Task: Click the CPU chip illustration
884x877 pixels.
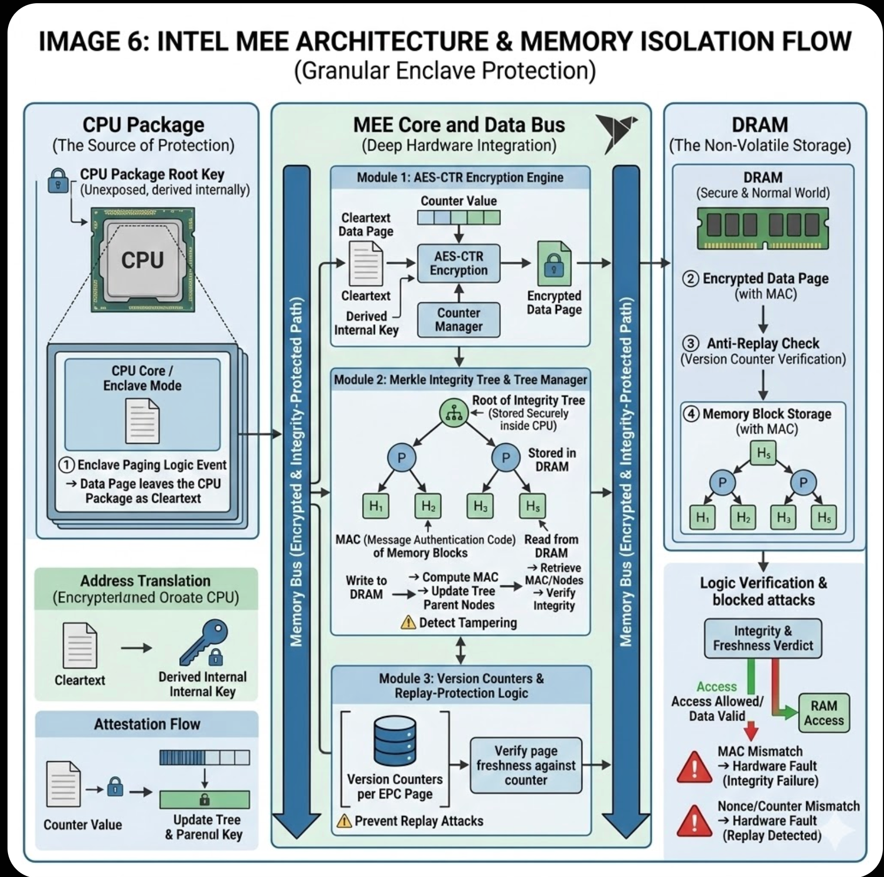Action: (x=142, y=260)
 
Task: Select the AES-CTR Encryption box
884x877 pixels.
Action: (x=459, y=263)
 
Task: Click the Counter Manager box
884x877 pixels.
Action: (x=459, y=320)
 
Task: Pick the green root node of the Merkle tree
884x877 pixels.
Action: (x=454, y=413)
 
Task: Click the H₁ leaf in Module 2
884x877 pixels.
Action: (x=375, y=506)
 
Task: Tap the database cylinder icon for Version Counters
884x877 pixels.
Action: (x=395, y=742)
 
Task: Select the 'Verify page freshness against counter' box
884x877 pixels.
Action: (x=526, y=765)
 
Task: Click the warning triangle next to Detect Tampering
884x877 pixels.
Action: (x=408, y=622)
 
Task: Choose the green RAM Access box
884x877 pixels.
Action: (x=823, y=713)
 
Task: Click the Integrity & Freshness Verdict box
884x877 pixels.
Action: (x=763, y=638)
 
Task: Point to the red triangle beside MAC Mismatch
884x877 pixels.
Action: (x=695, y=768)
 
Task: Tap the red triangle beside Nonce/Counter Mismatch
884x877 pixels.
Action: (x=695, y=821)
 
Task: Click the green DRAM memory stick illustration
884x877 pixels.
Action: (x=762, y=228)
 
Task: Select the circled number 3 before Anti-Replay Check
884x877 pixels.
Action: (x=690, y=344)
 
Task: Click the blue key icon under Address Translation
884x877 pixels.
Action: (x=204, y=642)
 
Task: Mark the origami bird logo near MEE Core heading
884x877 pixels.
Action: (x=616, y=131)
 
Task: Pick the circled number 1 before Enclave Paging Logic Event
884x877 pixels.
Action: (x=66, y=465)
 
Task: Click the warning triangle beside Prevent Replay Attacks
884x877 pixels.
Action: (x=344, y=821)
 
